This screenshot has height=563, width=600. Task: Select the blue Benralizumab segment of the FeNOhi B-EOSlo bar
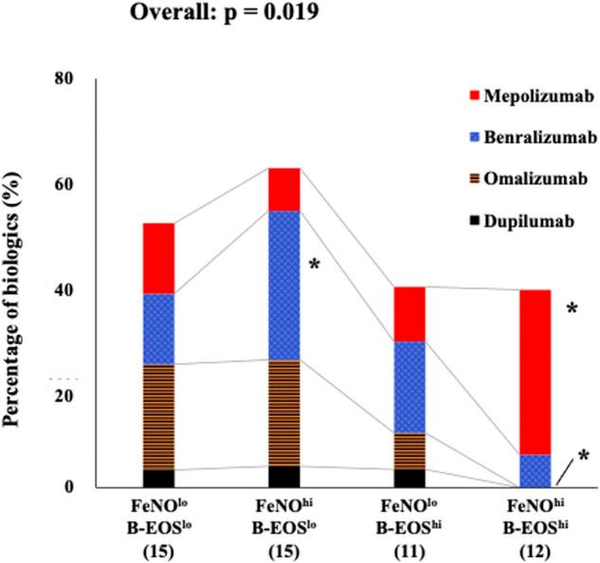pos(284,284)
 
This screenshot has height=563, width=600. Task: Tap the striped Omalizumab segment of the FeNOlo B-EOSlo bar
pos(157,417)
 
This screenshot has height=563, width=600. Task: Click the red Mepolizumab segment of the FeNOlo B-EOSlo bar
pos(157,258)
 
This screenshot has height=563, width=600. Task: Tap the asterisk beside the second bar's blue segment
pos(315,265)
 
